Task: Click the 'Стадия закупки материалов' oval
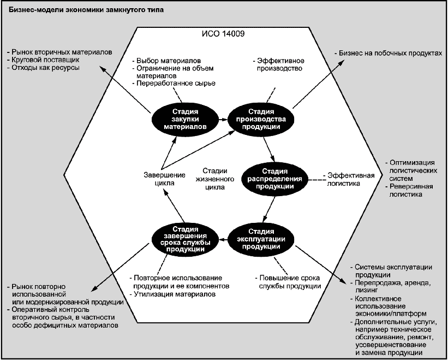[185, 119]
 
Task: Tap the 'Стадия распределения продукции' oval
[274, 179]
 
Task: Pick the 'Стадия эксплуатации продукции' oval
[261, 239]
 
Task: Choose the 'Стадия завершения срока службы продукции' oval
[185, 239]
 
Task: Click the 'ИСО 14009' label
[223, 34]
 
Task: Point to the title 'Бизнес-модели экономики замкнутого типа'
[86, 10]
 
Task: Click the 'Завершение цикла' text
[164, 179]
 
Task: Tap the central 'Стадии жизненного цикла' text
[215, 179]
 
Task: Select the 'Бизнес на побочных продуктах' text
[388, 53]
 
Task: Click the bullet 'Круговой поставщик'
[43, 60]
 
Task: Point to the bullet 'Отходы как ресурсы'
[43, 68]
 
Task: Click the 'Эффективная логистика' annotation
[349, 179]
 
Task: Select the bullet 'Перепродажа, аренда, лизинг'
[391, 286]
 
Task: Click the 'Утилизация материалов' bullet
[172, 294]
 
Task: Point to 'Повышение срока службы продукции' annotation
[289, 282]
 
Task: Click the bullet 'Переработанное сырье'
[174, 83]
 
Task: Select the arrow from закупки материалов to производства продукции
[223, 119]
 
